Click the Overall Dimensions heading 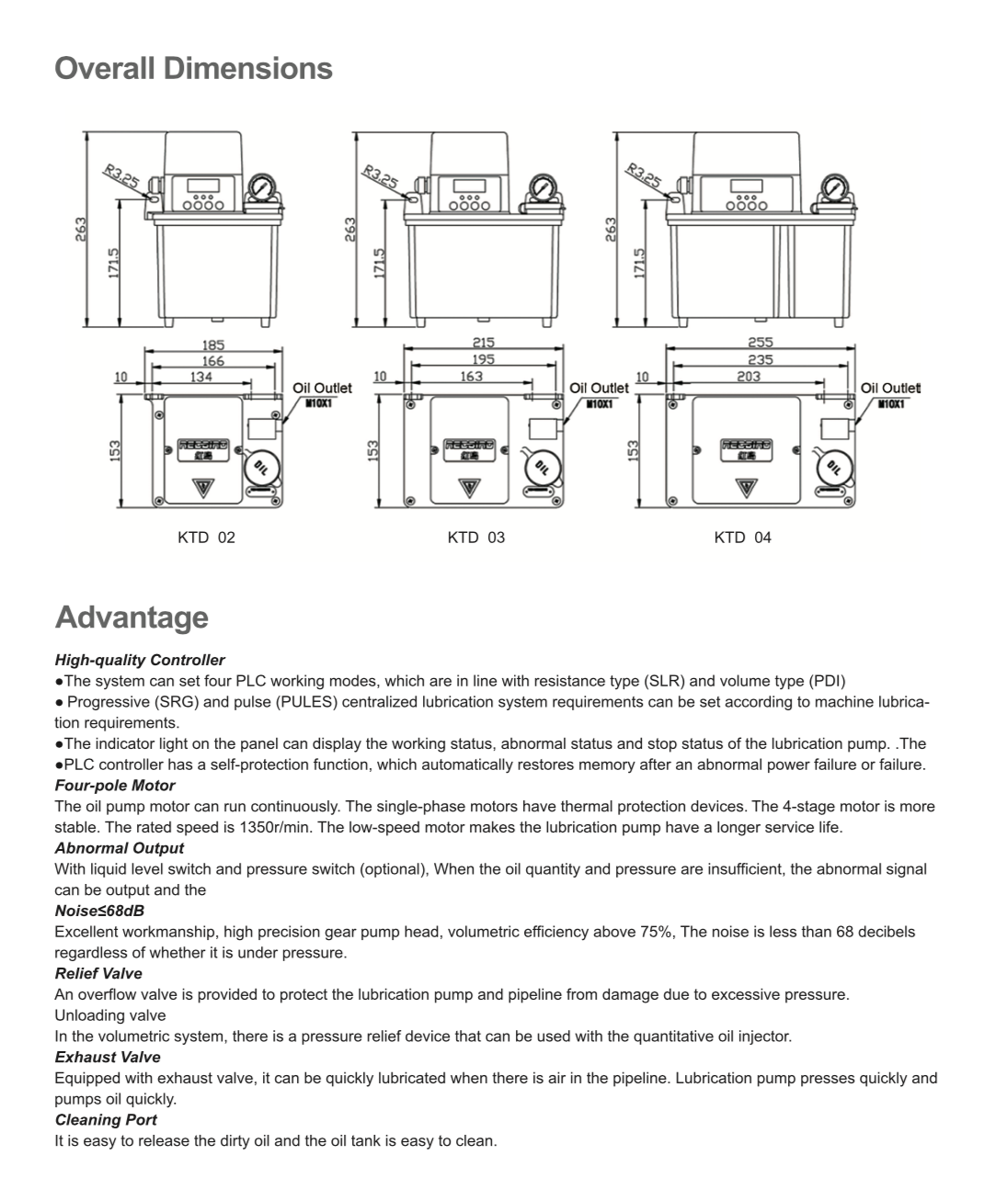coord(193,69)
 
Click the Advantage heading coord(132,617)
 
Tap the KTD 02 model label coord(206,538)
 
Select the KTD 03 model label coord(475,538)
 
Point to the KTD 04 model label coord(742,538)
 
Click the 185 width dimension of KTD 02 coord(212,345)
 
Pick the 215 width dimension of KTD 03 coord(483,343)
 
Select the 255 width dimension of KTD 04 coord(760,343)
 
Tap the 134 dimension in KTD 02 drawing coord(200,377)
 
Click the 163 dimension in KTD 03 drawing coord(471,376)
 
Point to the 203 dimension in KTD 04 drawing coord(749,376)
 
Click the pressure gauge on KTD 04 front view coord(836,187)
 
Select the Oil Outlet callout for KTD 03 coord(599,388)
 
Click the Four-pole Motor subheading coord(114,786)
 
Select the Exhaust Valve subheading coord(107,1058)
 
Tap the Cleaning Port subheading coord(106,1120)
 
